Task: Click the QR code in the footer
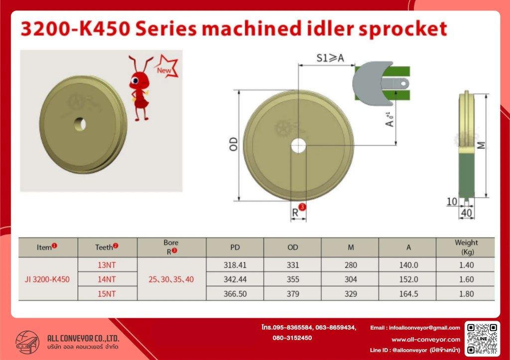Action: tap(482, 339)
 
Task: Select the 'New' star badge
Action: tap(166, 67)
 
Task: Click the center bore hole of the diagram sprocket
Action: tap(298, 146)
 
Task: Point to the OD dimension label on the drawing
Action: tap(234, 144)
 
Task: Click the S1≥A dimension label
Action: tap(330, 58)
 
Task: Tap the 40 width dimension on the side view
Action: tap(466, 213)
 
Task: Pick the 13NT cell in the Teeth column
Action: tap(107, 265)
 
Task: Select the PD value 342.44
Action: tap(235, 279)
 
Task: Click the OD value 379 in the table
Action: tap(293, 294)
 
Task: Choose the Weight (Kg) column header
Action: tap(466, 247)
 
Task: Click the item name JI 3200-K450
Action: tap(47, 279)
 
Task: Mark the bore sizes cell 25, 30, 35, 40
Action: tap(171, 279)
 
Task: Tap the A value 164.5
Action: tap(408, 294)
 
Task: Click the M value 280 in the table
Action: tap(351, 265)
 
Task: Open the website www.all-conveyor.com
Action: tap(426, 340)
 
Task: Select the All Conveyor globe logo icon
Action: tap(27, 343)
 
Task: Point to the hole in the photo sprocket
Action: tap(80, 124)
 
